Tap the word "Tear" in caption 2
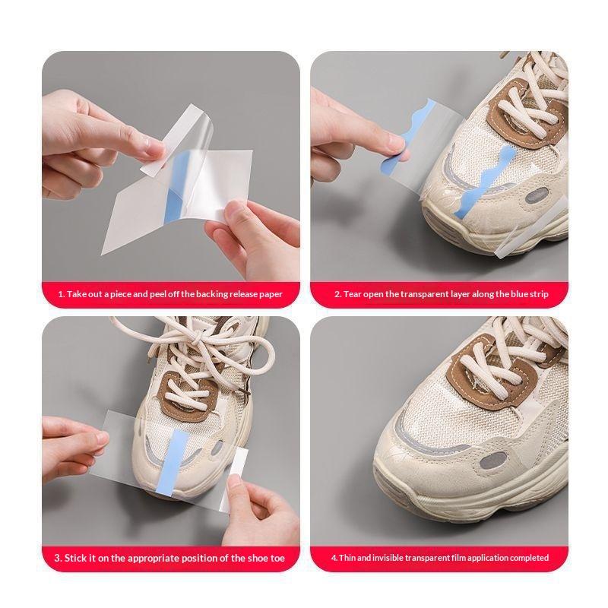tap(352, 294)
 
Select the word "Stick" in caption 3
tap(75, 558)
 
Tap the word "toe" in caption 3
tap(277, 558)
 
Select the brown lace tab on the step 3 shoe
tap(188, 396)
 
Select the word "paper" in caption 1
tap(271, 294)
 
